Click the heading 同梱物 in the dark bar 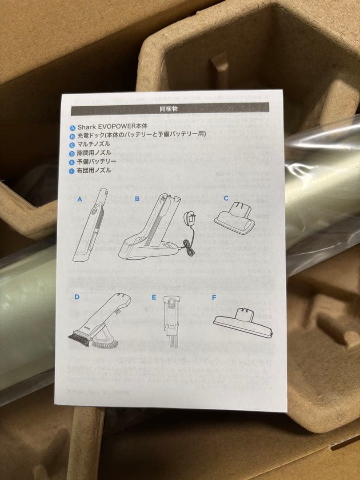(169, 108)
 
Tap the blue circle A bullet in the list (72, 126)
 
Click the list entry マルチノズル (94, 144)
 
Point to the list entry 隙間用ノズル (94, 153)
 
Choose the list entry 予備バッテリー (97, 161)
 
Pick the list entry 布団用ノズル (94, 170)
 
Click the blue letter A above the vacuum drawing (80, 200)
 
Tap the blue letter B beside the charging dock (137, 199)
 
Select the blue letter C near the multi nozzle (226, 198)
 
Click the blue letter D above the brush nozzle (77, 297)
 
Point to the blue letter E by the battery (154, 297)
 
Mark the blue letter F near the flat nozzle (214, 297)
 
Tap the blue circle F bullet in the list (72, 170)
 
